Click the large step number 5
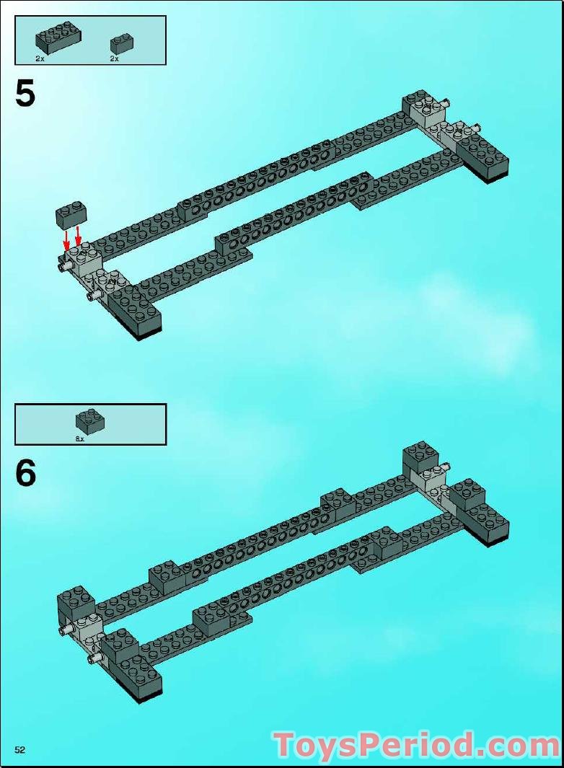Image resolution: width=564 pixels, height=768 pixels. [x=25, y=94]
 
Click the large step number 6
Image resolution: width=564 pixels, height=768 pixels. [x=25, y=473]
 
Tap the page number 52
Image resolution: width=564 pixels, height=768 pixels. [x=19, y=750]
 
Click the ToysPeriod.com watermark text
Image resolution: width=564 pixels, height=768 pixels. [x=416, y=745]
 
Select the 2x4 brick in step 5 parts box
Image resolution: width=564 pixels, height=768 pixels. [x=58, y=38]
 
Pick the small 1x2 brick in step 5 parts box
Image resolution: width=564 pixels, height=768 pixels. [x=120, y=43]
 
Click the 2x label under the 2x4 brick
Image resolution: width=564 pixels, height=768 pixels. [x=40, y=58]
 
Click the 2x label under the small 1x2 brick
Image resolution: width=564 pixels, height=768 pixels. [x=114, y=58]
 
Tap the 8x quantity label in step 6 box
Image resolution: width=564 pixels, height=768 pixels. [x=79, y=438]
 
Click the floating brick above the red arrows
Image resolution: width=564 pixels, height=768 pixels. [x=71, y=214]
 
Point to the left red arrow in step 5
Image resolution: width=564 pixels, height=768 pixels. [x=66, y=239]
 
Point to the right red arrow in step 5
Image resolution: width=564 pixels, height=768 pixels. [x=79, y=236]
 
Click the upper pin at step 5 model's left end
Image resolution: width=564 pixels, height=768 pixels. [x=61, y=266]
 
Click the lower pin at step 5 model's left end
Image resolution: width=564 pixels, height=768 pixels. [x=93, y=295]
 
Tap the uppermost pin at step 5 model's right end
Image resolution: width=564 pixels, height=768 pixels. [x=449, y=103]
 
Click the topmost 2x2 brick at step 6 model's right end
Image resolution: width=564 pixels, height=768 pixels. [x=420, y=456]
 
